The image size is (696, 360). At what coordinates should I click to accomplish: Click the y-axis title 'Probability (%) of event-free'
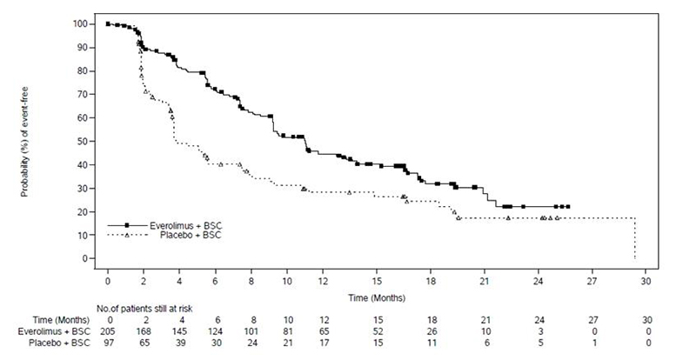pyautogui.click(x=25, y=142)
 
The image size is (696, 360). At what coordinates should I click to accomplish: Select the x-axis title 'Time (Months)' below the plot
pyautogui.click(x=377, y=298)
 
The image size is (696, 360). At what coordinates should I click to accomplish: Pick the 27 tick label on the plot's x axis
pyautogui.click(x=592, y=282)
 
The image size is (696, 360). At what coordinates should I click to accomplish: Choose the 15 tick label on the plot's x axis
pyautogui.click(x=377, y=282)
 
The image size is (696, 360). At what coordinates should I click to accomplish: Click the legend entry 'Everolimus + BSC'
pyautogui.click(x=164, y=226)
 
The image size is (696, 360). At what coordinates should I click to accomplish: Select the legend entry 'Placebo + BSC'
pyautogui.click(x=164, y=236)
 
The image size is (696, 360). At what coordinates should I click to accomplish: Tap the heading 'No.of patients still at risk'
pyautogui.click(x=144, y=309)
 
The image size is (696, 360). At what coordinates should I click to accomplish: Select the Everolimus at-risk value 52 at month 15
pyautogui.click(x=378, y=331)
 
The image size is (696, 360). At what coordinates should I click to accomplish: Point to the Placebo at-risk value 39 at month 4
pyautogui.click(x=180, y=343)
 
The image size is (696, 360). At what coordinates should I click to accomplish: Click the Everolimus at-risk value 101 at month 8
pyautogui.click(x=252, y=331)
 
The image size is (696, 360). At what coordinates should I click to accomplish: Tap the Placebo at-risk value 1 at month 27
pyautogui.click(x=594, y=343)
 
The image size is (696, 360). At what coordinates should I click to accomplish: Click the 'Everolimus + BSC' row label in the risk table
pyautogui.click(x=54, y=331)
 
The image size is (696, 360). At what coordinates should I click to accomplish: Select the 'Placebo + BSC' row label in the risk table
pyautogui.click(x=59, y=343)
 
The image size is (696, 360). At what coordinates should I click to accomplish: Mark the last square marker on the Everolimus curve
pyautogui.click(x=568, y=206)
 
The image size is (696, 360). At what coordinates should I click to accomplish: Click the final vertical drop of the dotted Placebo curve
pyautogui.click(x=635, y=238)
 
